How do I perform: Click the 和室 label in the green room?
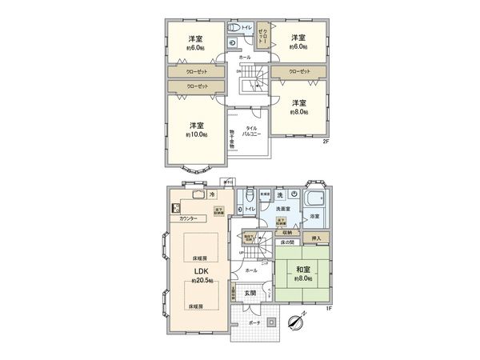(302, 270)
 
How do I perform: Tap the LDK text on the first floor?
(198, 270)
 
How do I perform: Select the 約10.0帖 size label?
(198, 134)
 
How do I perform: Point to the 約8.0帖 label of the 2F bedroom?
(299, 113)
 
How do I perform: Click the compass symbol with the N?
(293, 322)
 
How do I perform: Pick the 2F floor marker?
(326, 142)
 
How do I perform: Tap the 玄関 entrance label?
(250, 293)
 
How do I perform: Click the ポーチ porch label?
(254, 322)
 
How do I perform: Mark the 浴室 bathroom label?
(314, 216)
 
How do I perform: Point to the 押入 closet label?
(316, 238)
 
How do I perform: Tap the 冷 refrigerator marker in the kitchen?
(212, 194)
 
